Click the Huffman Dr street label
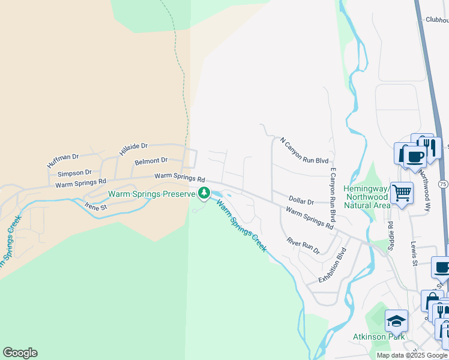pyautogui.click(x=63, y=160)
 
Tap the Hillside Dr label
pyautogui.click(x=133, y=149)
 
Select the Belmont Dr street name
pyautogui.click(x=151, y=161)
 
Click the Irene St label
pyautogui.click(x=95, y=207)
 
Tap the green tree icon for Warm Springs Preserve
pyautogui.click(x=204, y=193)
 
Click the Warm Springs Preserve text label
pyautogui.click(x=152, y=194)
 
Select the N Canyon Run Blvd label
pyautogui.click(x=304, y=151)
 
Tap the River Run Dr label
pyautogui.click(x=303, y=245)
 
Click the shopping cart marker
pyautogui.click(x=402, y=193)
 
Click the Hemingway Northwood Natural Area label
pyautogui.click(x=366, y=197)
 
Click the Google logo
pyautogui.click(x=20, y=353)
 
